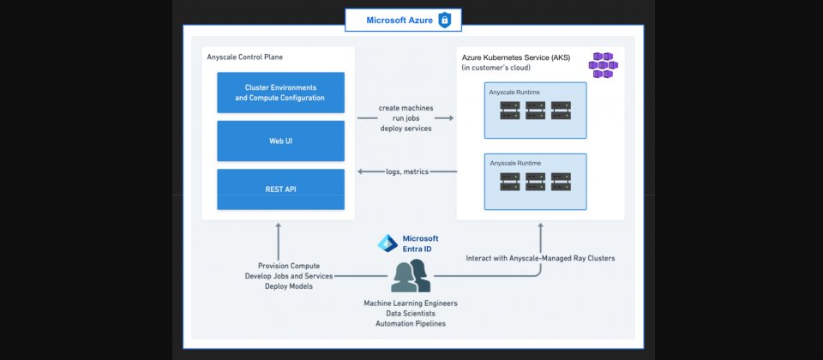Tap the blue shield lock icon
(x=444, y=20)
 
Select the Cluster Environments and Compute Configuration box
(x=280, y=93)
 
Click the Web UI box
(x=280, y=141)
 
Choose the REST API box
(x=280, y=189)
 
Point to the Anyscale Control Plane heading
(x=244, y=57)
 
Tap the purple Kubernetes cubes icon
(x=604, y=65)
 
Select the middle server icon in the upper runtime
(x=536, y=111)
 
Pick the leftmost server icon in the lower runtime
(x=510, y=182)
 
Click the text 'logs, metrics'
(x=405, y=172)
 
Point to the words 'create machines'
(x=405, y=108)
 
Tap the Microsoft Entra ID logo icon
(x=387, y=243)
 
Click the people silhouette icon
(x=410, y=276)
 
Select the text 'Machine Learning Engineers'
(x=410, y=303)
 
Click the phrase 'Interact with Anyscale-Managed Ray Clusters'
(x=540, y=258)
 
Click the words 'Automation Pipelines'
(x=410, y=323)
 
